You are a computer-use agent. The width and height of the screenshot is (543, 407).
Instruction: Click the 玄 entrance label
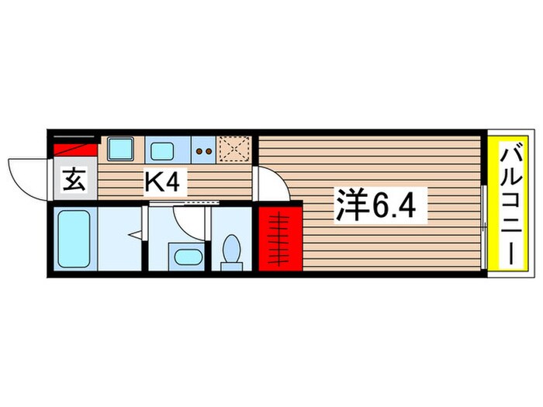[x=74, y=183]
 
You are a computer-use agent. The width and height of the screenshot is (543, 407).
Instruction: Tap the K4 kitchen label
[x=164, y=183]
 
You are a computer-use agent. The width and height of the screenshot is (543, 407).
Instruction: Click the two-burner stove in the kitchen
[x=203, y=150]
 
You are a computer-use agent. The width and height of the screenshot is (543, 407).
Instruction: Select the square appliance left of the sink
[x=119, y=148]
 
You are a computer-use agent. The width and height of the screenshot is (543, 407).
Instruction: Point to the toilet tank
[x=231, y=267]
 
